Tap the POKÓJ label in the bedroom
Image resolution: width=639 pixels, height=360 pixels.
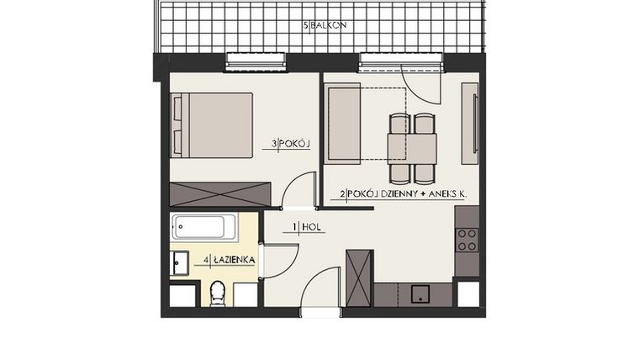click(x=292, y=145)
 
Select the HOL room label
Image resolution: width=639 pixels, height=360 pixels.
click(x=307, y=226)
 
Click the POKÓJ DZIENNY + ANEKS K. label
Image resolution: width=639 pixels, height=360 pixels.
click(x=404, y=194)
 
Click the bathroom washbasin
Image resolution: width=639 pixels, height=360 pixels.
click(x=179, y=263)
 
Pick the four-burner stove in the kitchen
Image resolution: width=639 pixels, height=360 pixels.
click(x=467, y=240)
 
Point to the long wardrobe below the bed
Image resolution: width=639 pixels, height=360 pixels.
click(x=220, y=193)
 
